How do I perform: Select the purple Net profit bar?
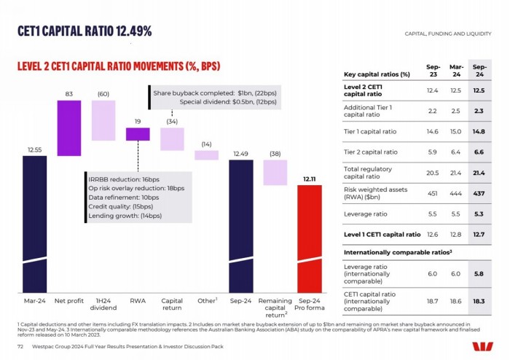tap(68, 128)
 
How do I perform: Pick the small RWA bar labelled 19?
tap(137, 134)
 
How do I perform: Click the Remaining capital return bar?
tap(275, 173)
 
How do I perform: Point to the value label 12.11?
tap(310, 179)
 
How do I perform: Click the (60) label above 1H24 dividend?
tap(103, 94)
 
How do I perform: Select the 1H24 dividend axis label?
tap(103, 304)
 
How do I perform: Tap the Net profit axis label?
tap(68, 300)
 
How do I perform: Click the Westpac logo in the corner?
tap(482, 345)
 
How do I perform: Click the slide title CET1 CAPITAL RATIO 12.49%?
tap(85, 31)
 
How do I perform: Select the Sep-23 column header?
tap(431, 70)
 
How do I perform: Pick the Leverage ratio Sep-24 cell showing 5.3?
tap(479, 214)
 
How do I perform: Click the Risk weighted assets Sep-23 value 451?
tap(431, 193)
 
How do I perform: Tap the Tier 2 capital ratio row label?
tap(371, 152)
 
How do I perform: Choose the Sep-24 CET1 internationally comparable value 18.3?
tap(479, 300)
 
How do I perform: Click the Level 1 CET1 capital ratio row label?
tap(382, 235)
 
